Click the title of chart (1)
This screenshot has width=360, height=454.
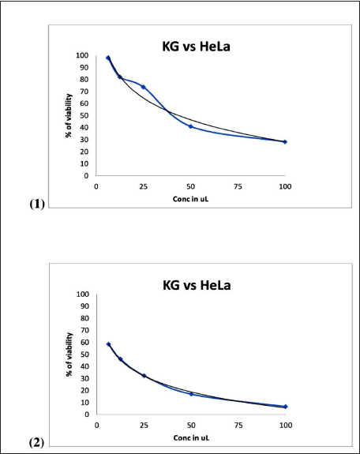click(196, 47)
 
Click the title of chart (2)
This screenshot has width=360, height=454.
click(197, 285)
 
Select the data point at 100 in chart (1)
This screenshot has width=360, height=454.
click(285, 142)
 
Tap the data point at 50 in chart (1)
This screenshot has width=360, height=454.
click(190, 126)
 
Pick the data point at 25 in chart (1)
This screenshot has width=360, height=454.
click(144, 87)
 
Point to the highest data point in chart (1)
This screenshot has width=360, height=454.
click(108, 58)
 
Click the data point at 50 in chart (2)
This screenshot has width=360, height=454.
click(191, 394)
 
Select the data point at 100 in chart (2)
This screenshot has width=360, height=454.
click(286, 407)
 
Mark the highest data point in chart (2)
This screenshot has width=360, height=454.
click(109, 344)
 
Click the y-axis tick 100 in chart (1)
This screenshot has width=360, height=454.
click(82, 55)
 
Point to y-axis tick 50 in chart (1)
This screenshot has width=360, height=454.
click(84, 115)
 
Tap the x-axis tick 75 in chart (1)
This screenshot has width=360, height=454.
click(238, 187)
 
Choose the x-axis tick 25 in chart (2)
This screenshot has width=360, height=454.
click(144, 426)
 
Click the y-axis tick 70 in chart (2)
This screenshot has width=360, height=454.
click(85, 330)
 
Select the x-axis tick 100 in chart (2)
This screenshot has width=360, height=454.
click(286, 426)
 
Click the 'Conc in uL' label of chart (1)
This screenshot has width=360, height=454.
click(190, 199)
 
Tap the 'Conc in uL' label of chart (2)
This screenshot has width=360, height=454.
click(191, 437)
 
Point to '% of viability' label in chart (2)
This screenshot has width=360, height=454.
click(69, 355)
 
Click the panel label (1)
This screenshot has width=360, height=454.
click(37, 204)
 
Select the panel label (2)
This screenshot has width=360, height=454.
click(37, 443)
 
